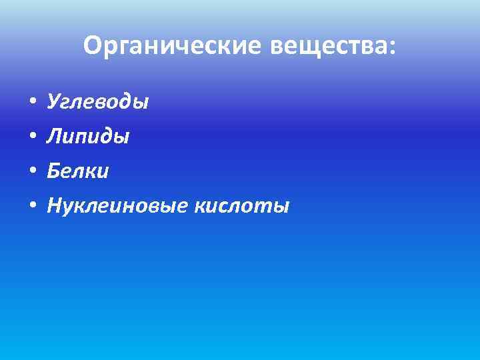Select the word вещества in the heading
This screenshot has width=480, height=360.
click(328, 46)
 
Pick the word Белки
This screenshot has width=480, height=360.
click(78, 172)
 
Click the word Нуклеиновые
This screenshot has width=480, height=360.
click(118, 207)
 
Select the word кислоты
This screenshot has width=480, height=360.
click(242, 207)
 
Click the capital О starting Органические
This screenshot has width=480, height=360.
click(93, 46)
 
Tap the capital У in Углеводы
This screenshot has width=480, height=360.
click(53, 103)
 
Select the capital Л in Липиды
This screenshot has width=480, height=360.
click(53, 137)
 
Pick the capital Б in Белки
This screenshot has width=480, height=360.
click(53, 172)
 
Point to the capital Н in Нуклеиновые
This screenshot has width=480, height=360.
click(53, 207)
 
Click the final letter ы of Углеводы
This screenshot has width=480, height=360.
click(142, 104)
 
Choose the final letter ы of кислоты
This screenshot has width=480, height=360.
click(283, 208)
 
